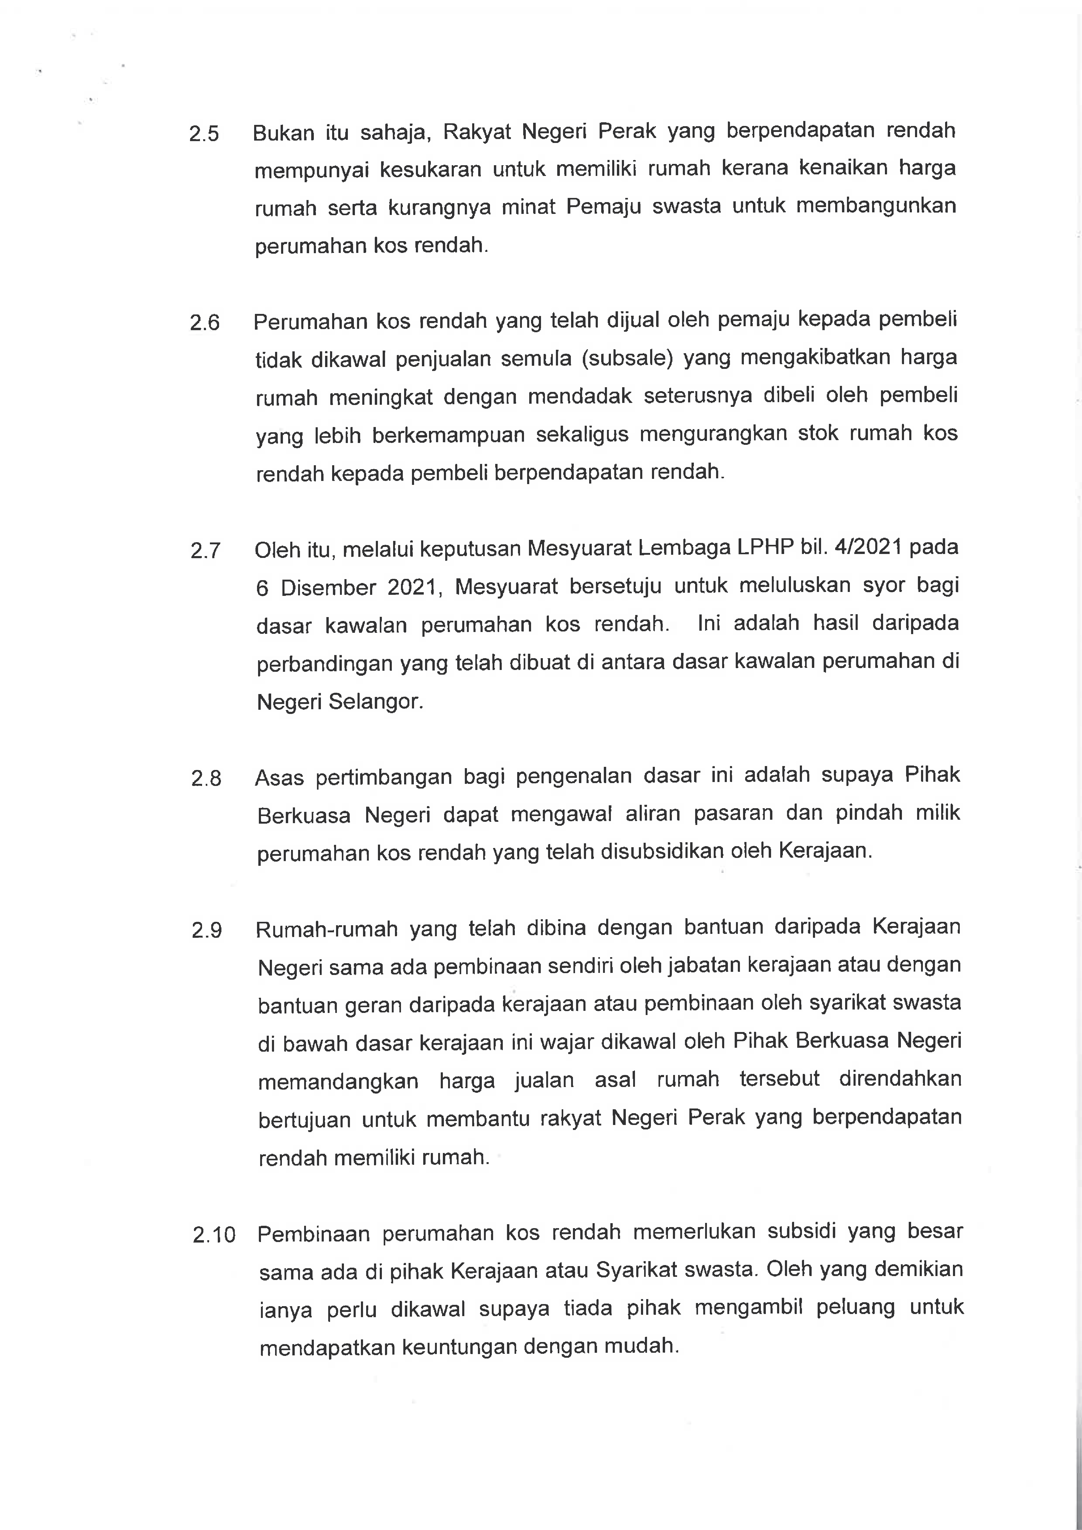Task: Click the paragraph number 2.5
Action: (204, 134)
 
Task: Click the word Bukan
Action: (283, 133)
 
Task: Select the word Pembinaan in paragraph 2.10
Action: (313, 1234)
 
